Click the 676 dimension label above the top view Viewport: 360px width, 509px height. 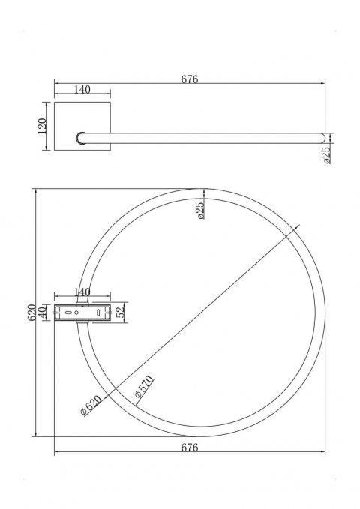tap(189, 79)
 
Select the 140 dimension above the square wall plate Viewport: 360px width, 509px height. tap(82, 90)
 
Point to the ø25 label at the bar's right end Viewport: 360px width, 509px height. tap(328, 155)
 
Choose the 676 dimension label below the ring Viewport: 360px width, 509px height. tap(189, 448)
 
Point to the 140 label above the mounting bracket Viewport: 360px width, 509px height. tap(82, 292)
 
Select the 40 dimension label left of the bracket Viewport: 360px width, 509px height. tap(45, 311)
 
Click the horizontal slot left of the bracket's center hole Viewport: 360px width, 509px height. tap(70, 310)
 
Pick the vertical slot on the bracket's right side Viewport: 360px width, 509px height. tap(99, 310)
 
